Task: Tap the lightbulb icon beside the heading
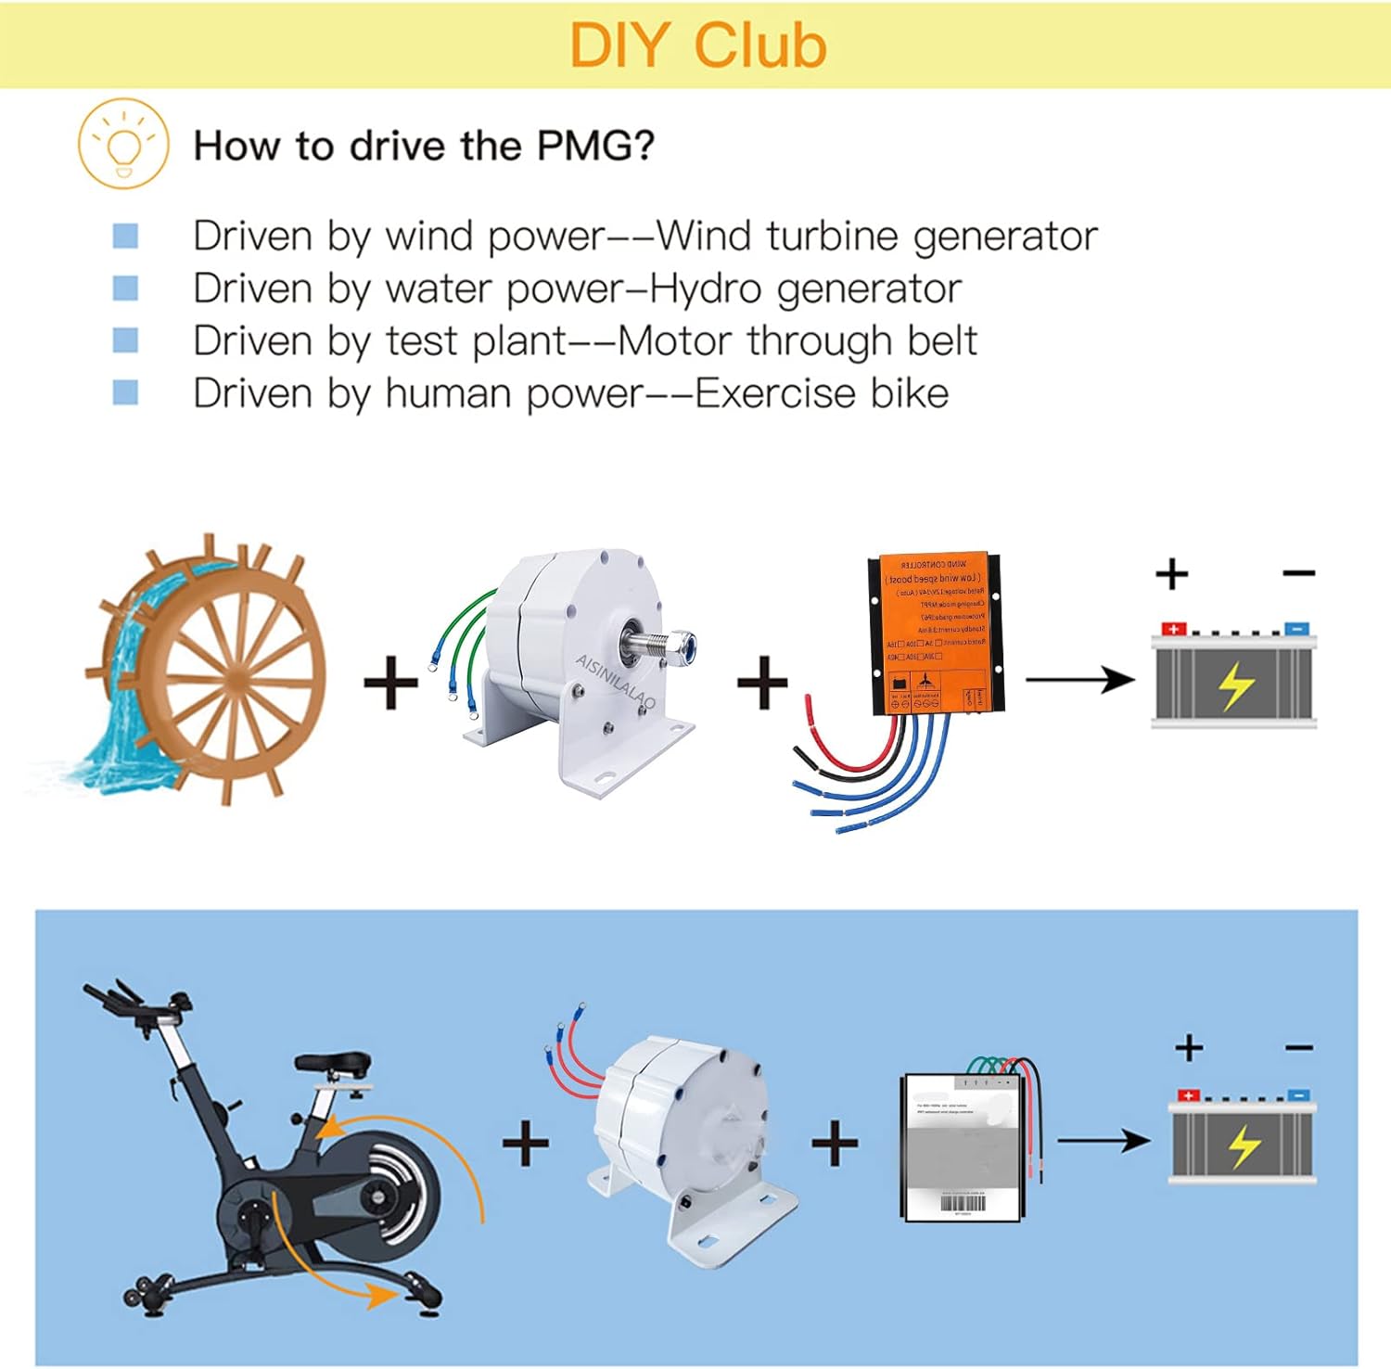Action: pyautogui.click(x=123, y=145)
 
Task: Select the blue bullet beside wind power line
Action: pyautogui.click(x=125, y=236)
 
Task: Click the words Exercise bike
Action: pyautogui.click(x=822, y=393)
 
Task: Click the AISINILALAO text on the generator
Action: pyautogui.click(x=615, y=681)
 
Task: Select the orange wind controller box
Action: pyautogui.click(x=935, y=635)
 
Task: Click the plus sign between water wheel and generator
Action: pyautogui.click(x=390, y=683)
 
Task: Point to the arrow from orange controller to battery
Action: pyautogui.click(x=1079, y=680)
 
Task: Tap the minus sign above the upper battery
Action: pyautogui.click(x=1298, y=574)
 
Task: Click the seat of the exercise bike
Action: pyautogui.click(x=333, y=1063)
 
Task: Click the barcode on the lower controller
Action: pyautogui.click(x=963, y=1204)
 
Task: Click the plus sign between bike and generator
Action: pyautogui.click(x=526, y=1143)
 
